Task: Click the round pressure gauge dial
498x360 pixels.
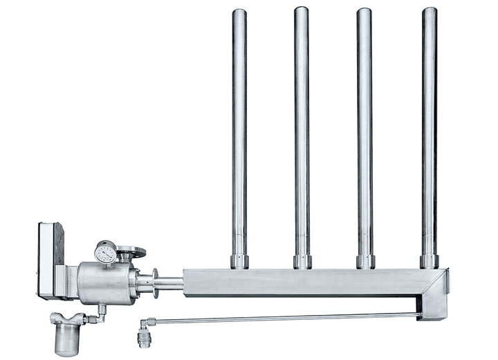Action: pos(105,253)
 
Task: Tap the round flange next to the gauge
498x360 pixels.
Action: pos(131,251)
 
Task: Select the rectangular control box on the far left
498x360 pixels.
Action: pos(48,260)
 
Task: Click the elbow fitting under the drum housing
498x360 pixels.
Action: pos(100,314)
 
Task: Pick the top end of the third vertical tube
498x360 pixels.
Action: pos(365,12)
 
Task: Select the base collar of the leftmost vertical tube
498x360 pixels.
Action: pos(239,262)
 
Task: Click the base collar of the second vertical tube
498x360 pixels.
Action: pos(302,262)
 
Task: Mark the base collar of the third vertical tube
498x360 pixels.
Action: pos(365,262)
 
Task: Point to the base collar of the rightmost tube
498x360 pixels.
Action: pos(430,261)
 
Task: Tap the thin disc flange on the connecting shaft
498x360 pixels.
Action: pos(156,282)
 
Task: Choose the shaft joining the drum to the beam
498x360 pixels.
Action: pos(169,283)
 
